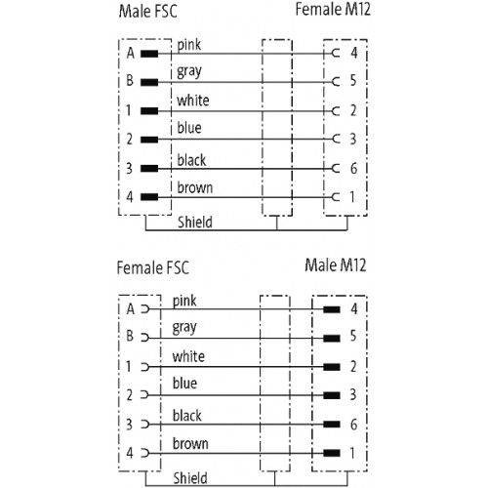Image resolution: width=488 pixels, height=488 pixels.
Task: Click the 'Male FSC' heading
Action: tap(148, 11)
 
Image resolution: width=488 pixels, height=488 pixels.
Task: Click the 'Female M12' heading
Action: tap(333, 9)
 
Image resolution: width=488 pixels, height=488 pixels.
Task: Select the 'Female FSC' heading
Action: tap(153, 267)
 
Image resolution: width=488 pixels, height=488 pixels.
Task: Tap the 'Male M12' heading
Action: tap(336, 264)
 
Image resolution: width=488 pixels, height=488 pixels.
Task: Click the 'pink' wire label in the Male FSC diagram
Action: tap(189, 45)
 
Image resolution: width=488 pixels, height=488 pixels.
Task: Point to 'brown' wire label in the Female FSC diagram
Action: tap(190, 443)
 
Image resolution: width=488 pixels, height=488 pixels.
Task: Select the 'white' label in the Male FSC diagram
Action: tap(193, 101)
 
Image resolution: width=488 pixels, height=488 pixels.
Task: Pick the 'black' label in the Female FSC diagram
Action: tap(187, 416)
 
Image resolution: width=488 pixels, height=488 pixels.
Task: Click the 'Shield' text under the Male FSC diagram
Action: tap(195, 223)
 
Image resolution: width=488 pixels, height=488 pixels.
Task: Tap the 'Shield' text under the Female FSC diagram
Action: tap(190, 478)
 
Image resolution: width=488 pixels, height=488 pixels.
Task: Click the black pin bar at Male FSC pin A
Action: tap(149, 54)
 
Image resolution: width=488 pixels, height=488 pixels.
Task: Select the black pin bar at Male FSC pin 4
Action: tap(149, 197)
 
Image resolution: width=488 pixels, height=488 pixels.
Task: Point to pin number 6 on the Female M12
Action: tap(353, 169)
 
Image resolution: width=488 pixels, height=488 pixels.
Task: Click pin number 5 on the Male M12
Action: tap(353, 336)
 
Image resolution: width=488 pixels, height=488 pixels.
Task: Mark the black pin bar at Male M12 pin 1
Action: tap(332, 453)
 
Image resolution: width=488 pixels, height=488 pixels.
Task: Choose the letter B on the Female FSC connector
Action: tap(130, 336)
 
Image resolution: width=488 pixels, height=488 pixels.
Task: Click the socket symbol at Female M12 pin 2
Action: tap(336, 111)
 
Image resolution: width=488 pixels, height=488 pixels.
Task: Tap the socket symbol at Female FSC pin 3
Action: tap(145, 425)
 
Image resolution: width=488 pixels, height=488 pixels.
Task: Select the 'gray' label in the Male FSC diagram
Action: tap(189, 72)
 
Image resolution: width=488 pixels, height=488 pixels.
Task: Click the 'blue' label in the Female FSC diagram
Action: tap(184, 384)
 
